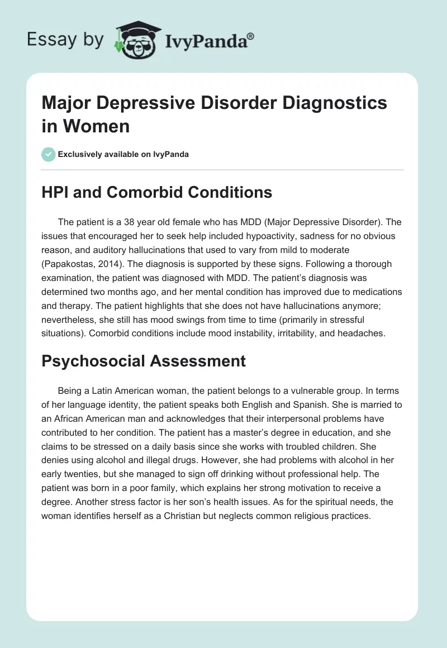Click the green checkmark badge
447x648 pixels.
pos(48,154)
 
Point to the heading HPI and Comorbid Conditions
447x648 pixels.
pos(157,192)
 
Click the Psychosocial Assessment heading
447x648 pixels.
pos(144,361)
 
